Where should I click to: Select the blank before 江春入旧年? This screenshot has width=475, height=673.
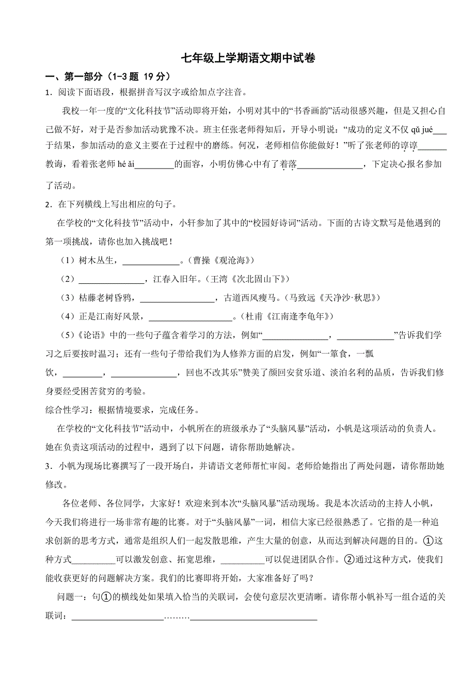coord(111,280)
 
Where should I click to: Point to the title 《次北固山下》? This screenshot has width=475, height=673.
coord(263,280)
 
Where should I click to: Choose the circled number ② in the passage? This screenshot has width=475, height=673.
coord(350,558)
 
